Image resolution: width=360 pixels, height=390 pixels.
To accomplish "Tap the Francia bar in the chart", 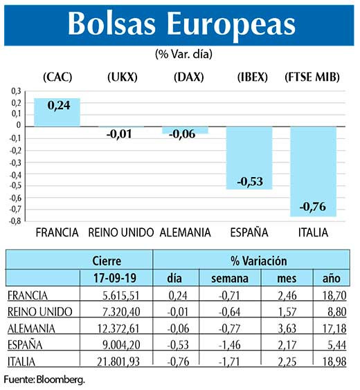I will tap(57, 112).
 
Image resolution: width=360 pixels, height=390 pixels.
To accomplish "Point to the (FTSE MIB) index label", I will tap(312, 77).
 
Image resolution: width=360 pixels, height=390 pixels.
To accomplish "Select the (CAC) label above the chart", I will tap(57, 77).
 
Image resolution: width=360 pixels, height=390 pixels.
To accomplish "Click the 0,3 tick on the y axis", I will tap(17, 90).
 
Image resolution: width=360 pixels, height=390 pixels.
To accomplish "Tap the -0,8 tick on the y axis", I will tap(15, 221).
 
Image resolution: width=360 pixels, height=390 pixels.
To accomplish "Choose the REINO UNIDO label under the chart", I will tap(120, 232).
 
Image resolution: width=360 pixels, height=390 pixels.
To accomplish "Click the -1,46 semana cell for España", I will tap(220, 344).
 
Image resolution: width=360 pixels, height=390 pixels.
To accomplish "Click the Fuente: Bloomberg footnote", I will tap(44, 380).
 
